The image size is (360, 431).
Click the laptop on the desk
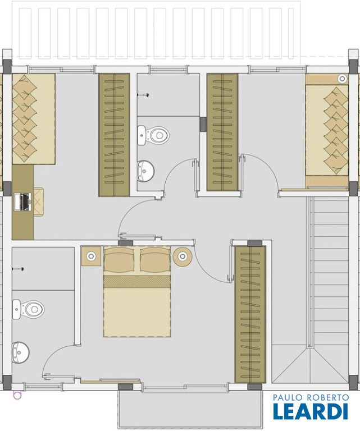point(23,202)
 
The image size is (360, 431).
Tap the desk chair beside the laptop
point(39,202)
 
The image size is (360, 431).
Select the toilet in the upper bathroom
point(153,135)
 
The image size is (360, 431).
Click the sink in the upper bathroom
point(146,171)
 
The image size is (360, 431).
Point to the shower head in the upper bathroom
point(143,95)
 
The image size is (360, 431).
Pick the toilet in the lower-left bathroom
point(28,309)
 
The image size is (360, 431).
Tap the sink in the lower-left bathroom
point(21,352)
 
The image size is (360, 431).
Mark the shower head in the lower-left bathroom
point(18,269)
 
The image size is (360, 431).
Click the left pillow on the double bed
point(120,259)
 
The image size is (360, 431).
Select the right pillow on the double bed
point(156,259)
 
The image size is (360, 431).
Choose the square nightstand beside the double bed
point(92,256)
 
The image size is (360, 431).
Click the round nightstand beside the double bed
point(183,256)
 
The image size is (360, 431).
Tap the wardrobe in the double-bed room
point(250,314)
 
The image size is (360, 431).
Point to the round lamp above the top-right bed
point(343,79)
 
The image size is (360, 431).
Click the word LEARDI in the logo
point(311,411)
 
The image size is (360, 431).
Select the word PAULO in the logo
point(288,397)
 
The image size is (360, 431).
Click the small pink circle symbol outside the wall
point(17,395)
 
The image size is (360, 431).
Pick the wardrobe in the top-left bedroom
point(114,135)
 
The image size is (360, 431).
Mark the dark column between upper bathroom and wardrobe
point(203,124)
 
